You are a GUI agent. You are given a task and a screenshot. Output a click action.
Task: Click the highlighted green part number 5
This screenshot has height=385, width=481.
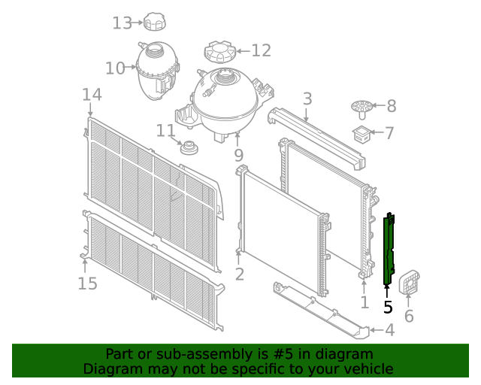coord(389,250)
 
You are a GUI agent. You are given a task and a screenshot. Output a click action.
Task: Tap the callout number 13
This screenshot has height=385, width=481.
coord(122,23)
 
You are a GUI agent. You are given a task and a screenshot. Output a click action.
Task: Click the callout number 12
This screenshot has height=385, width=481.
coord(260,50)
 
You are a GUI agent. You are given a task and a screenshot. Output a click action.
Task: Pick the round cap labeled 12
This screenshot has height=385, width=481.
coord(219,53)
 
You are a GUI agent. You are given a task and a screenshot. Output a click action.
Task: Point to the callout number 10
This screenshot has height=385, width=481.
coord(115,68)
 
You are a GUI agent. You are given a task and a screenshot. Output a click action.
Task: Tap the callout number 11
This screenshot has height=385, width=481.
coord(165,131)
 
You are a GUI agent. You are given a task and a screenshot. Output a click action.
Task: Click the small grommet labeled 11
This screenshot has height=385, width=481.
coord(189,147)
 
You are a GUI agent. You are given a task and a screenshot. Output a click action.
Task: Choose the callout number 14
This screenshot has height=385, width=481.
coord(92,95)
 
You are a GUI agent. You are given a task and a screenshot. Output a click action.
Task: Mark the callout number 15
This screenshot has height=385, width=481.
coord(88,283)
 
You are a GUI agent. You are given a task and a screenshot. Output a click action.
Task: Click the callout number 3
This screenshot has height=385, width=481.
coord(307,99)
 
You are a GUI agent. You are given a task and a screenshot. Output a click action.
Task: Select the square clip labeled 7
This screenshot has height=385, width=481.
coord(362,135)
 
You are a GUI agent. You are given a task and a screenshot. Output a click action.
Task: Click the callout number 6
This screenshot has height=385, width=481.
coord(409,316)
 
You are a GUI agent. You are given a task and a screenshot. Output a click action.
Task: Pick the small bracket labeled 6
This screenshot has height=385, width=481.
coord(410,282)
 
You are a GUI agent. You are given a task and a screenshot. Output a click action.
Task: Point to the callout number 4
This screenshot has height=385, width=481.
coord(389,329)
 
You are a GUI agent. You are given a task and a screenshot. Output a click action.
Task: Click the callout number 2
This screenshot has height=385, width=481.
coord(239,274)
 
